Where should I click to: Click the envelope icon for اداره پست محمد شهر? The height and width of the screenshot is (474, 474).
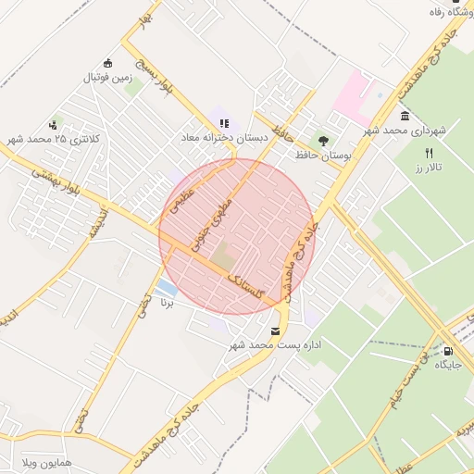(275, 331)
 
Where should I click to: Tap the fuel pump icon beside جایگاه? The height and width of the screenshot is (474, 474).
(448, 351)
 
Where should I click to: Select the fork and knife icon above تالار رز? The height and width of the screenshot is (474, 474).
(429, 153)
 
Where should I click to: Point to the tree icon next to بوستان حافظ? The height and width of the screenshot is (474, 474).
(322, 142)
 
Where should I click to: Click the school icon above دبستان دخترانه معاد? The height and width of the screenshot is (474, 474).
(224, 123)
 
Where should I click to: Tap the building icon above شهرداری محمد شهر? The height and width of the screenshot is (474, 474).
(405, 116)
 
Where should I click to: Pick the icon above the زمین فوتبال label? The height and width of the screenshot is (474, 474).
(109, 64)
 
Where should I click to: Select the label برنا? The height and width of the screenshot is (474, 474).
(168, 303)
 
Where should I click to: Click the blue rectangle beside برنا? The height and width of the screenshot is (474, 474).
(167, 287)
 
